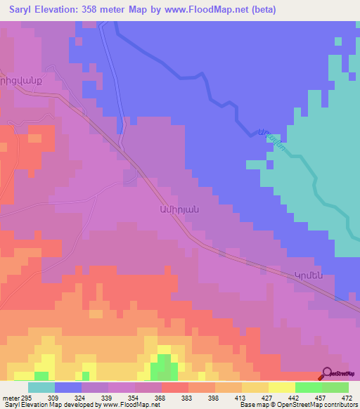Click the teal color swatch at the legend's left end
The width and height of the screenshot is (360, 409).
point(41,387)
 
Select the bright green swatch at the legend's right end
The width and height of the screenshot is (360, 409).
point(335,387)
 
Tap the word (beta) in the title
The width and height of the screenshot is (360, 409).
point(260,10)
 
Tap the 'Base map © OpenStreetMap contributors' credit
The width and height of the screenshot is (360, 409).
point(298,405)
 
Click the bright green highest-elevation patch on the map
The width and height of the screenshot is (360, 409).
point(165,365)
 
